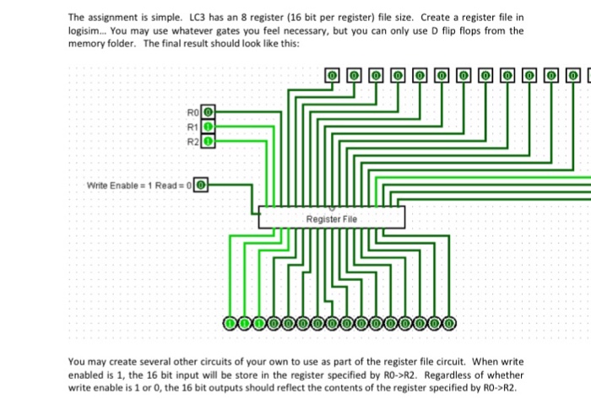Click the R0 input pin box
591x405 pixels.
pyautogui.click(x=209, y=111)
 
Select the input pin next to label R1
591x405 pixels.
pyautogui.click(x=209, y=127)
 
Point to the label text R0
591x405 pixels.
pyautogui.click(x=193, y=111)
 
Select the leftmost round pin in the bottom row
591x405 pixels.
pyautogui.click(x=230, y=321)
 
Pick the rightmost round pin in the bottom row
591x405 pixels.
pyautogui.click(x=448, y=321)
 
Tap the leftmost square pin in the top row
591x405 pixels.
pyautogui.click(x=333, y=76)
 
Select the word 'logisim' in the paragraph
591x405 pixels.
pyautogui.click(x=86, y=30)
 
